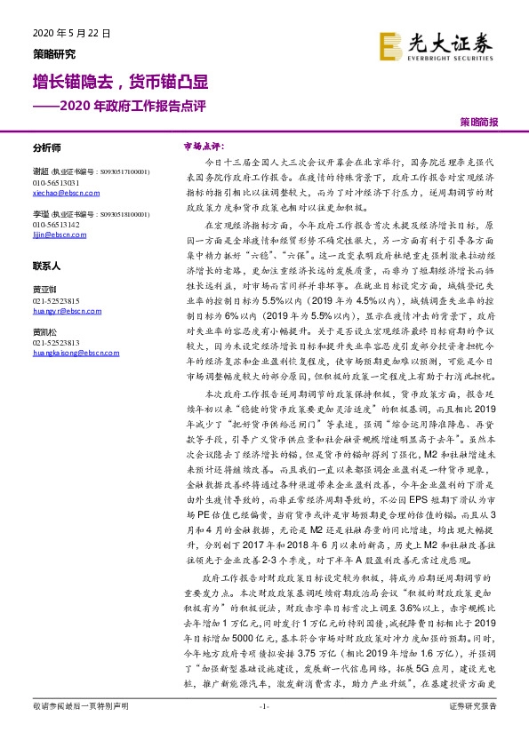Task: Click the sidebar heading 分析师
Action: (46, 148)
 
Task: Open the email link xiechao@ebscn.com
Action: (56, 192)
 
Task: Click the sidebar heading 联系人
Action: (46, 266)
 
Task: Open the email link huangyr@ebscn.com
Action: (58, 308)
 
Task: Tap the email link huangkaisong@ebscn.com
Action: (69, 351)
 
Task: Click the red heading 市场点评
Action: (202, 144)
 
